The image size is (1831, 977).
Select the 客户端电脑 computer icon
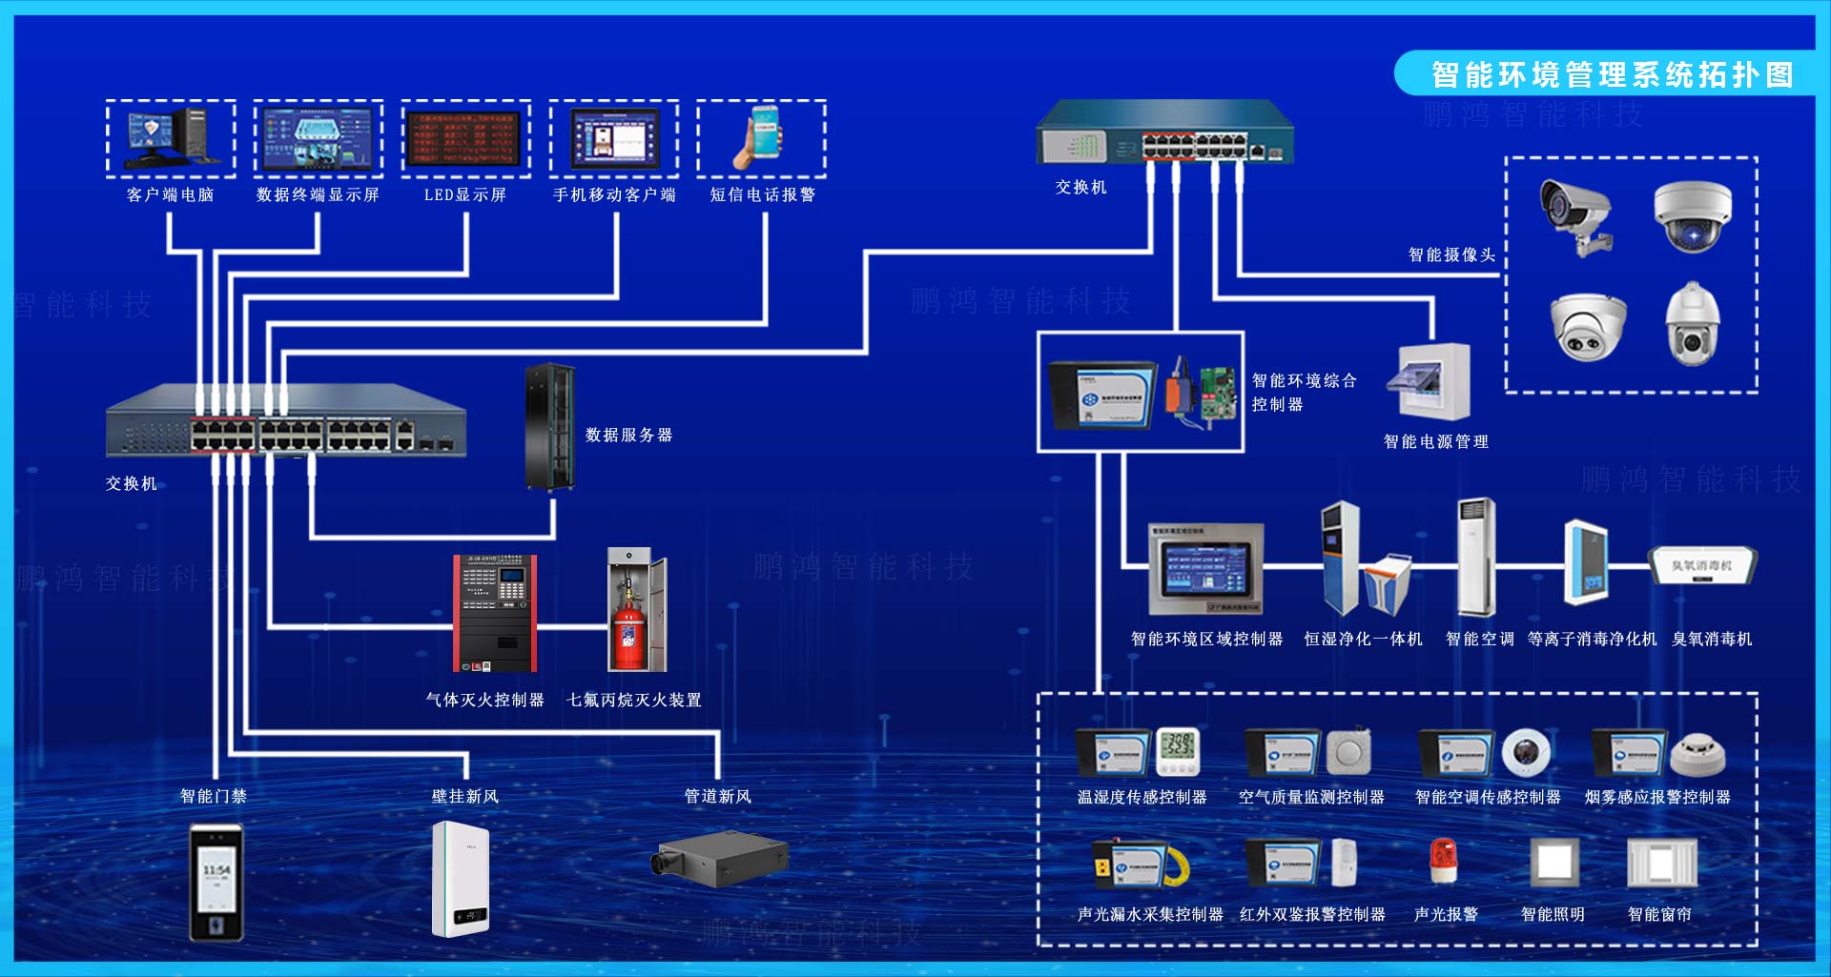point(171,137)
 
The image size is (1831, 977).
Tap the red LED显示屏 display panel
point(464,138)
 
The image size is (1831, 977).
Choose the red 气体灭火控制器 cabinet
point(494,614)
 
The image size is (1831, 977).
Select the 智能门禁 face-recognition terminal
point(216,882)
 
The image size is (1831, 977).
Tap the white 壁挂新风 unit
point(461,879)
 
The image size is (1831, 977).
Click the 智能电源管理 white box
point(1433,381)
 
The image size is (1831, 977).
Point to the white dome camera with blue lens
point(1692,217)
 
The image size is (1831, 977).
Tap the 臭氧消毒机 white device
point(1703,566)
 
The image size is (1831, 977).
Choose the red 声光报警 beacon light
point(1444,860)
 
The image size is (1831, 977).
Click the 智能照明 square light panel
point(1553,862)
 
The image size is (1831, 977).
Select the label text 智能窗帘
point(1659,914)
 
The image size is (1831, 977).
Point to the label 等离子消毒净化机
point(1592,640)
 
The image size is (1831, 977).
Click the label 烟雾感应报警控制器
point(1657,797)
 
